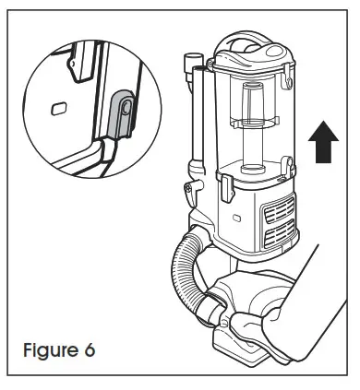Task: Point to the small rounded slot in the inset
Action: pyautogui.click(x=61, y=108)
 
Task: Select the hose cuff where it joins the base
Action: pyautogui.click(x=219, y=305)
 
